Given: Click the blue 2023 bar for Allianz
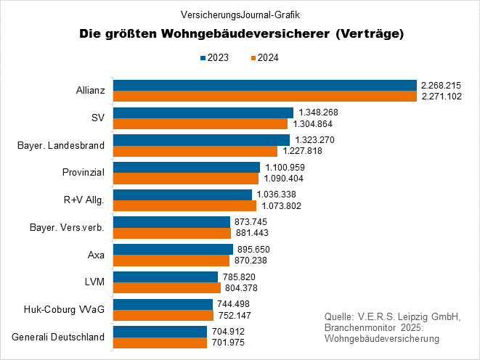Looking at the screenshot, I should point(265,85).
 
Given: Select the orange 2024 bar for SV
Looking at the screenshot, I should point(200,123).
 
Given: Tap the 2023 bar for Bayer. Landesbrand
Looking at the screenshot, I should point(202,140).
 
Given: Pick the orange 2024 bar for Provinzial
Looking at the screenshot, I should point(186,178).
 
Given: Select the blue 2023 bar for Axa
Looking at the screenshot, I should point(173,249).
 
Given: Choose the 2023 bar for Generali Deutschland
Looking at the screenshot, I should point(160,331).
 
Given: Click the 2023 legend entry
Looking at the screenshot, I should point(214,57).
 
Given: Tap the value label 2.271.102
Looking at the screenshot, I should point(441,96).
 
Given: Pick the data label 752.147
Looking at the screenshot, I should point(235,315).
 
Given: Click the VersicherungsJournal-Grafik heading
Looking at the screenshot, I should point(240,14).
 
